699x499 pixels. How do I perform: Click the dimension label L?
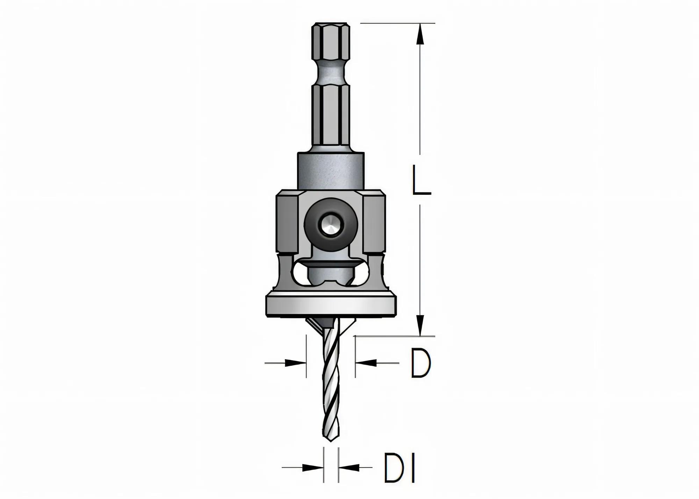[x=421, y=180]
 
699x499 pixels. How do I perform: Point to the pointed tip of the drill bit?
[x=331, y=441]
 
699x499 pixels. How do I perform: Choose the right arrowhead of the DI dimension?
[x=349, y=467]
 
